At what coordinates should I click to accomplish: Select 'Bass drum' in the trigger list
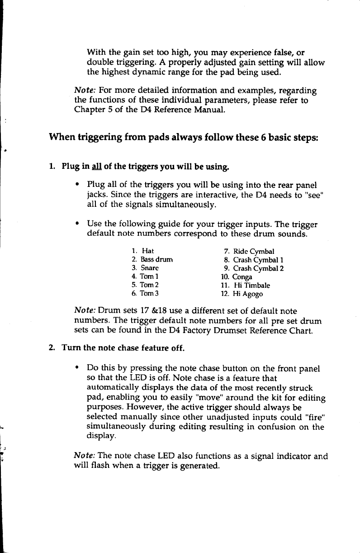(157, 260)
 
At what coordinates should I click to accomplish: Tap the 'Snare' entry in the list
(150, 268)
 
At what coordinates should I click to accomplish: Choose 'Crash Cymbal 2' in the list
(258, 268)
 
